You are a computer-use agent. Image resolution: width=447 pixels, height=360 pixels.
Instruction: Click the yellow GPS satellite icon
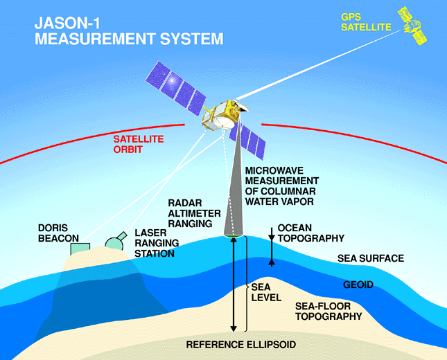[412, 26]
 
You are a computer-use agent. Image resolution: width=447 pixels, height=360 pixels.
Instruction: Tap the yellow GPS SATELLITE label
[366, 22]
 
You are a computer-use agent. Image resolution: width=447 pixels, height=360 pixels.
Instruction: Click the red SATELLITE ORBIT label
[139, 144]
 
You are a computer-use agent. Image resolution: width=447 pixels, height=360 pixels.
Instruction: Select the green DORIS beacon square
[80, 249]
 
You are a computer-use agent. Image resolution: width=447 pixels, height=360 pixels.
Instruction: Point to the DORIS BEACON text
[58, 233]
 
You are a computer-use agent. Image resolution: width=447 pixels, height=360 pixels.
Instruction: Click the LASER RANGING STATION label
[157, 243]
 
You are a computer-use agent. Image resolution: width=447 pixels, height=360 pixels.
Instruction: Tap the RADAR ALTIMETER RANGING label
[194, 213]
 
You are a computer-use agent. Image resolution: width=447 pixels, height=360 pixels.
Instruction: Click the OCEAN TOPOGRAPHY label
[311, 233]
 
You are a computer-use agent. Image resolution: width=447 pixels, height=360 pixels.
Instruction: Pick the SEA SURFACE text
[371, 258]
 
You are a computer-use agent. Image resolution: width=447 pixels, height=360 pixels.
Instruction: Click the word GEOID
[358, 285]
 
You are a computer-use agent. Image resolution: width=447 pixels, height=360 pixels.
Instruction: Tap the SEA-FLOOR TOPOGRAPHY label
[328, 312]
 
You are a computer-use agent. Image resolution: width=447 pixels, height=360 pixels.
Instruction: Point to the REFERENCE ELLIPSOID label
[241, 345]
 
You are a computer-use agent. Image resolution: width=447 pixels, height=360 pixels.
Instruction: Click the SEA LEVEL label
[266, 292]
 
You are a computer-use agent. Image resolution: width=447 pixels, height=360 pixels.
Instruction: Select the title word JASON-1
[67, 23]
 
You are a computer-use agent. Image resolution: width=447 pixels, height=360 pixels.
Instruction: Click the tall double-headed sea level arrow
[234, 285]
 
